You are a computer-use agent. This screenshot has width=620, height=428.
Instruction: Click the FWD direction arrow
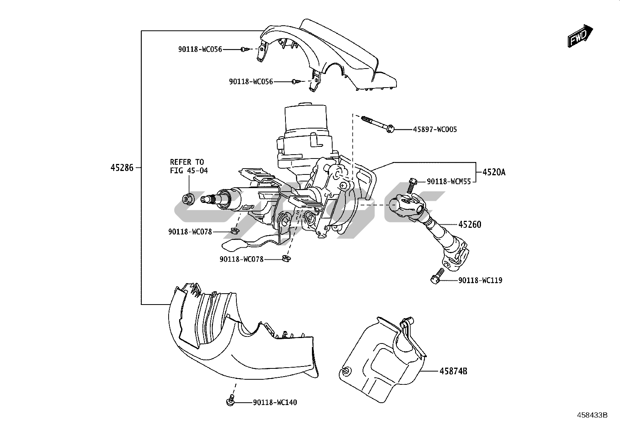click(x=580, y=36)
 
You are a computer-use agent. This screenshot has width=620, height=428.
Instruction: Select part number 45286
click(x=122, y=168)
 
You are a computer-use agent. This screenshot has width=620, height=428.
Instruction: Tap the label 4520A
click(x=494, y=172)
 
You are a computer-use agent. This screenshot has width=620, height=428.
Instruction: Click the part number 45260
click(x=470, y=224)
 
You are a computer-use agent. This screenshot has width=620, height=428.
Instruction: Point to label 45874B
click(x=453, y=371)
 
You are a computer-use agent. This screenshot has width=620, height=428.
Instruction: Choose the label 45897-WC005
click(x=435, y=129)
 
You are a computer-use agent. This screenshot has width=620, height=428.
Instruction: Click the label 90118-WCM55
click(x=449, y=181)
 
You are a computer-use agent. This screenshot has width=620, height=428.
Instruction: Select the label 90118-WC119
click(x=480, y=280)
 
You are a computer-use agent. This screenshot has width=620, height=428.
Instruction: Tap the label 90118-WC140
click(x=275, y=402)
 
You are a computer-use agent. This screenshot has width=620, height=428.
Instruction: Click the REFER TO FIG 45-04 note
click(x=189, y=166)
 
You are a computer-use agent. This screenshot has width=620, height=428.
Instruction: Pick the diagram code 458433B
click(x=592, y=415)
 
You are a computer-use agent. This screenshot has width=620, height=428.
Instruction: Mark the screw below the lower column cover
click(x=230, y=400)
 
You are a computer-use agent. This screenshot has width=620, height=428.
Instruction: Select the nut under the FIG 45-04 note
click(x=189, y=199)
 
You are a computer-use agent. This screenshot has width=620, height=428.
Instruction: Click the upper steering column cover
click(x=331, y=58)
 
